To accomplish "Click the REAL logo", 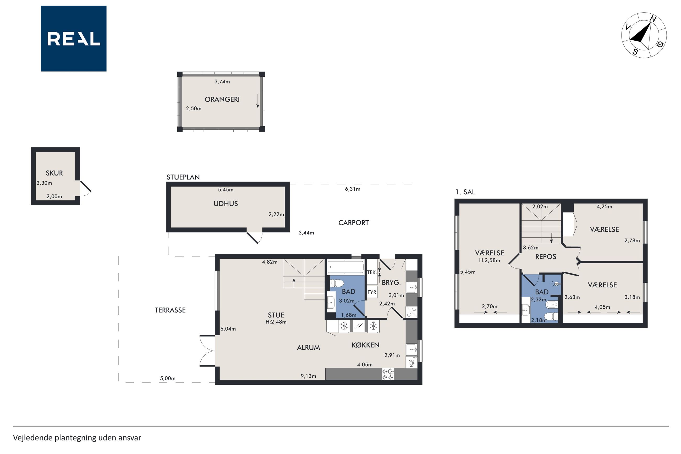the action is point(74,39).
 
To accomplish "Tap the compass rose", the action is point(644,35).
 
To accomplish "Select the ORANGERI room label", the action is point(222,99).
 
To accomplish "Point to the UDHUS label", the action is point(226,204).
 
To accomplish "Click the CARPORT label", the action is point(353,223).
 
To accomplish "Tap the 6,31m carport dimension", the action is point(353,189).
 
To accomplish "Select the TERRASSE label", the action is point(170,310).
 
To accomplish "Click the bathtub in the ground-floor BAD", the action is point(345,267).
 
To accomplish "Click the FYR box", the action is point(372,292).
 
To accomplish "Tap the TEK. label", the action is point(372,272).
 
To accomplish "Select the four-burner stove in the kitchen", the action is point(388,374).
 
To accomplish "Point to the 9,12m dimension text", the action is point(308,376).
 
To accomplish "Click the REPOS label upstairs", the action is point(546,256).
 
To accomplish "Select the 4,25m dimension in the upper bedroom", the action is point(604,207).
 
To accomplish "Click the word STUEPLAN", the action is point(183,177).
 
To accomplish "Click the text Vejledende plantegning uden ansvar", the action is point(77,437).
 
